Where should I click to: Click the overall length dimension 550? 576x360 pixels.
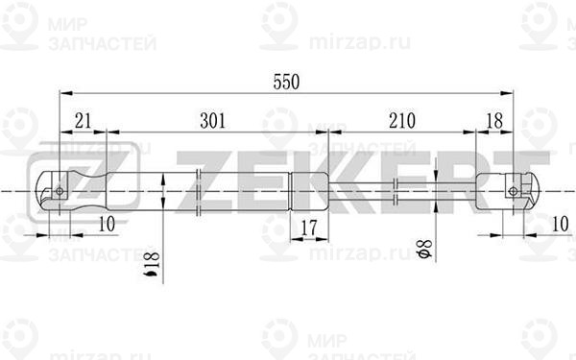(285, 83)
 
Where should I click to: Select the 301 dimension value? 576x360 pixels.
(212, 121)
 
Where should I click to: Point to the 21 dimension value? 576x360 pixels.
(83, 121)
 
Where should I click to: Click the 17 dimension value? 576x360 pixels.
(308, 228)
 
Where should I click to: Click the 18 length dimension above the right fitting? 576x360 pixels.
(495, 121)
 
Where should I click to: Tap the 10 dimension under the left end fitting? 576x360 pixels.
(107, 225)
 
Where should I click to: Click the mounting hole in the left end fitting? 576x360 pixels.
(60, 190)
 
